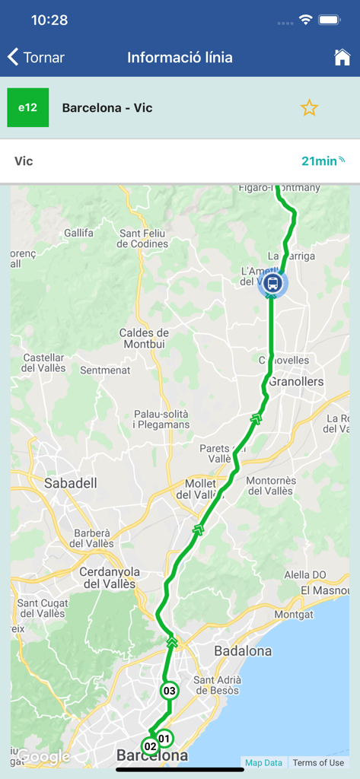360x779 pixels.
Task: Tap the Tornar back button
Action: tap(36, 58)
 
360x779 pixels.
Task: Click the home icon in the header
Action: tap(342, 58)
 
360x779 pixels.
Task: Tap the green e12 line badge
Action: tap(28, 107)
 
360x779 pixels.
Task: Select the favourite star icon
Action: tap(309, 108)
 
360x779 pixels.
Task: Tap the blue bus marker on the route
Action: tap(272, 283)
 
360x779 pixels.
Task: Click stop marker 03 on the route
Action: tap(170, 691)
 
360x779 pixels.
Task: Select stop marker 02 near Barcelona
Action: tap(150, 746)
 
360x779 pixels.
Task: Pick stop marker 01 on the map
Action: tap(164, 738)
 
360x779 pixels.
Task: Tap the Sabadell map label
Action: tap(71, 483)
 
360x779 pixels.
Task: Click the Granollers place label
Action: tap(296, 381)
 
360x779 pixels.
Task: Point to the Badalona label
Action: tap(243, 651)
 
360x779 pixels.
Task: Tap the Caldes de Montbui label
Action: tap(144, 339)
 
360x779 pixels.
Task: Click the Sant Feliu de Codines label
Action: tap(144, 238)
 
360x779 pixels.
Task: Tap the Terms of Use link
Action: tap(318, 762)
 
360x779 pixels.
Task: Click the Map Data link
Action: tap(263, 762)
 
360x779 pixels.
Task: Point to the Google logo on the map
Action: tap(44, 757)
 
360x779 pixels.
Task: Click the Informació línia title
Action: tap(180, 58)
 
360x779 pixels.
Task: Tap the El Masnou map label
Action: tap(324, 590)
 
